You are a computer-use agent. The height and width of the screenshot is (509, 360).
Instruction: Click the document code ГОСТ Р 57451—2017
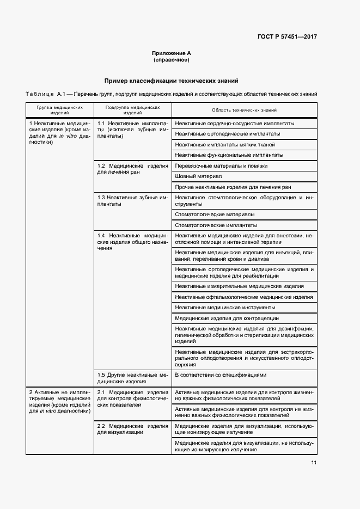(287, 36)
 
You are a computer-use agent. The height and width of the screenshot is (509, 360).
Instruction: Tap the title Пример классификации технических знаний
(172, 81)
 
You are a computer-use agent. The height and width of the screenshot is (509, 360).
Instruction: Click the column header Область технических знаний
(245, 111)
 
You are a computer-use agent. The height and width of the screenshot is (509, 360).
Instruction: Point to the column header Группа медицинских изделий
(60, 111)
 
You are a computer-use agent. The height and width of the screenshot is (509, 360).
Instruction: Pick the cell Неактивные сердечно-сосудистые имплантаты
(235, 123)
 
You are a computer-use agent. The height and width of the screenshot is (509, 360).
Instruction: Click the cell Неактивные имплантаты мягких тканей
(225, 144)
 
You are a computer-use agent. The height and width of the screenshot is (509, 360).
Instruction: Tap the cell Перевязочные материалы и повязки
(221, 165)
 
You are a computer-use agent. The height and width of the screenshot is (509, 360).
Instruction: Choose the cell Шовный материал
(198, 176)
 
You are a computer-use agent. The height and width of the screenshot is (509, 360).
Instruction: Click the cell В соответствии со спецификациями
(221, 375)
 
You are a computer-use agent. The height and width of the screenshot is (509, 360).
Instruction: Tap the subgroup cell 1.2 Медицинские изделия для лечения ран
(132, 169)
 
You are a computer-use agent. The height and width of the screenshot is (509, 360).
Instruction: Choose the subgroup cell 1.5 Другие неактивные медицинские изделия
(132, 378)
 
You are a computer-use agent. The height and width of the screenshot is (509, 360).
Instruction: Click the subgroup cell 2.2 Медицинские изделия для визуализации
(132, 428)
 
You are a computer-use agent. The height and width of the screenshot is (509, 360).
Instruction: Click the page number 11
(314, 463)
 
